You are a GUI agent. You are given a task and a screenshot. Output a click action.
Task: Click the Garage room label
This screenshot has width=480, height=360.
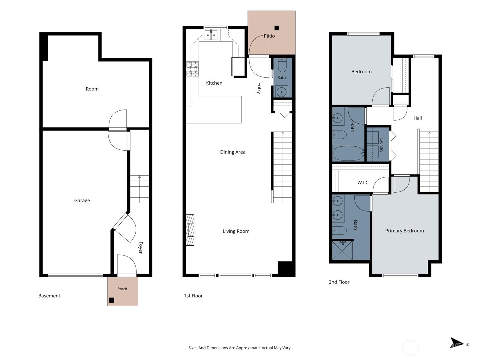click(x=82, y=200)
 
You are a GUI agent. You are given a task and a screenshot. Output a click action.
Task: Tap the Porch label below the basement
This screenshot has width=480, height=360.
click(x=122, y=289)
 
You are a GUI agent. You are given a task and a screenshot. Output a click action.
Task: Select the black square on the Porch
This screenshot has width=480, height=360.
click(x=112, y=300)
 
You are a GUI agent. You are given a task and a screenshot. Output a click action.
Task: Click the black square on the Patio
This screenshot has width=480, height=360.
click(x=277, y=28)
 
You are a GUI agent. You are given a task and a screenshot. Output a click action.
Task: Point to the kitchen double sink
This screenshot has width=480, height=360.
click(x=211, y=35)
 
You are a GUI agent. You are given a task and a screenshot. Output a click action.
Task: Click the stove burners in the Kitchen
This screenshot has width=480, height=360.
click(x=192, y=69)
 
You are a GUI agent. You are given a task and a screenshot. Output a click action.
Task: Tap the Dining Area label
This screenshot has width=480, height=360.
click(x=233, y=152)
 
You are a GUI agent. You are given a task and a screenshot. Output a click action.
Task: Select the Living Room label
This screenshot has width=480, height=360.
click(x=236, y=231)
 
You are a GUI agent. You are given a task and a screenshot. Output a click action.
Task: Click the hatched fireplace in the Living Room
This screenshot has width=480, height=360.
click(x=190, y=230)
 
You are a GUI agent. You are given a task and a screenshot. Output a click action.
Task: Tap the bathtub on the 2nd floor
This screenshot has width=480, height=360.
click(x=349, y=153)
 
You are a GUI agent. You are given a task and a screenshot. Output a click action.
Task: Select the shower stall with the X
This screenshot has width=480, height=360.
click(x=342, y=251)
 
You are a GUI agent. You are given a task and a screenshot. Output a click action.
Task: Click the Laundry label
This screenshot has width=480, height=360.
click(x=382, y=145)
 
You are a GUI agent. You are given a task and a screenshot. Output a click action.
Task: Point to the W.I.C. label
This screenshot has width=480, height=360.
click(x=363, y=182)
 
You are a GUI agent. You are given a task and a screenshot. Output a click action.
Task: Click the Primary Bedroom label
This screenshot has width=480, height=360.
click(x=405, y=231)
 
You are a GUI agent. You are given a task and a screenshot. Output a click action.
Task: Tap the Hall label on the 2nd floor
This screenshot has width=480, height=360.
click(x=418, y=118)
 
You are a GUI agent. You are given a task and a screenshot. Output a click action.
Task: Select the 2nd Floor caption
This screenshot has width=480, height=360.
click(x=339, y=282)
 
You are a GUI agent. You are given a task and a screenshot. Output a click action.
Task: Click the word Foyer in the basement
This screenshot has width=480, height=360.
click(x=141, y=248)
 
